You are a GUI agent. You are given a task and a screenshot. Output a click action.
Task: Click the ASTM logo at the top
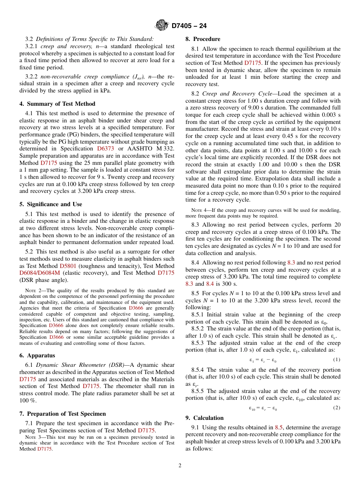point(161,25)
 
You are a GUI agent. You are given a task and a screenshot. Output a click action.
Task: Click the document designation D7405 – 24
point(189,26)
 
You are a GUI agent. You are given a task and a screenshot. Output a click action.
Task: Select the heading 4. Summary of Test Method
point(58,104)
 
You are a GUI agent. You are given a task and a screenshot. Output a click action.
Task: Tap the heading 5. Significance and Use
point(51,204)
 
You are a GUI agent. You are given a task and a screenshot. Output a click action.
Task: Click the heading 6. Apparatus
point(37,355)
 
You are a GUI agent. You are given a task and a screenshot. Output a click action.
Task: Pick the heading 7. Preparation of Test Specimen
point(63,413)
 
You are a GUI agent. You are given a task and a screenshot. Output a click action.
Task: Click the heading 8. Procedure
point(203,39)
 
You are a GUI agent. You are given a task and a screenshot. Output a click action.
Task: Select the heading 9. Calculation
point(205,418)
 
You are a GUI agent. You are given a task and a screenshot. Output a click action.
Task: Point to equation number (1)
point(337,359)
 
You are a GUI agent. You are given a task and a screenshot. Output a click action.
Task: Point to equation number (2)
point(337,408)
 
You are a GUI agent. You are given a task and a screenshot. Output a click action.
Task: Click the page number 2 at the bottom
point(180,466)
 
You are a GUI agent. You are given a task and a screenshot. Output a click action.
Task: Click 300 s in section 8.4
point(233,283)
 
